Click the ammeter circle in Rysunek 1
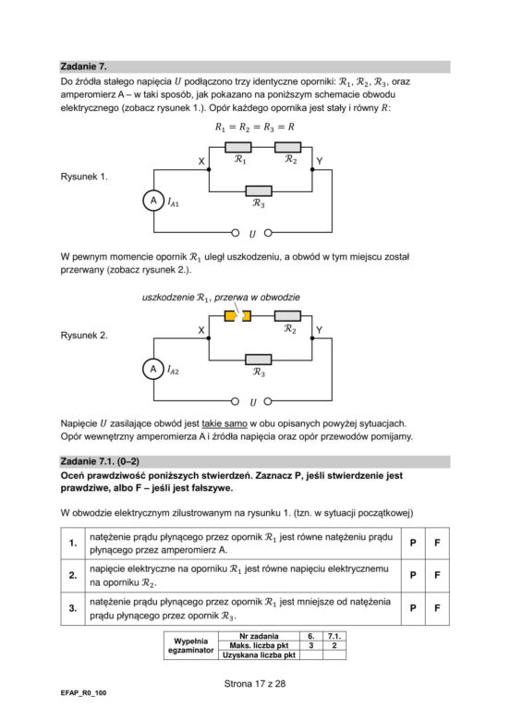tap(153, 201)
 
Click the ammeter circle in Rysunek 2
tap(153, 369)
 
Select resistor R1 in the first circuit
tap(238, 147)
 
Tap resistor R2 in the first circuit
tap(287, 147)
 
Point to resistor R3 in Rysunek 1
tap(259, 190)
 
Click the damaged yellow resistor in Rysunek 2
tap(237, 316)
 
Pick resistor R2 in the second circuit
tap(287, 316)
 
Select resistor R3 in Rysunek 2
tap(259, 360)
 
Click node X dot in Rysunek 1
tap(209, 170)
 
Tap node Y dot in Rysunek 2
tap(312, 338)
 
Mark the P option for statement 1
tap(413, 543)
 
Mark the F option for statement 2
tap(437, 575)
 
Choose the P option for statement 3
tap(413, 608)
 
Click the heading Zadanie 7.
tap(84, 67)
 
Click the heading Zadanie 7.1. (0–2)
tap(100, 461)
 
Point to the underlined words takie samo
tap(225, 423)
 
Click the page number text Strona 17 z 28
tap(255, 684)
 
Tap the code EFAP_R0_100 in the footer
tap(83, 693)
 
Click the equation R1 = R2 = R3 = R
tap(255, 127)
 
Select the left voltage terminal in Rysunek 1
tap(236, 233)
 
